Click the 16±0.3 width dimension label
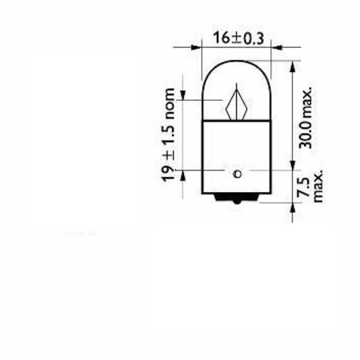point(238,38)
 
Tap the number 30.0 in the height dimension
point(305,134)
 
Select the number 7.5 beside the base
point(303,187)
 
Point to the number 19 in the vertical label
point(168,174)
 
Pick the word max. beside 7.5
point(318,186)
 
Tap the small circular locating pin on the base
point(237,174)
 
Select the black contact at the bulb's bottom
point(237,198)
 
